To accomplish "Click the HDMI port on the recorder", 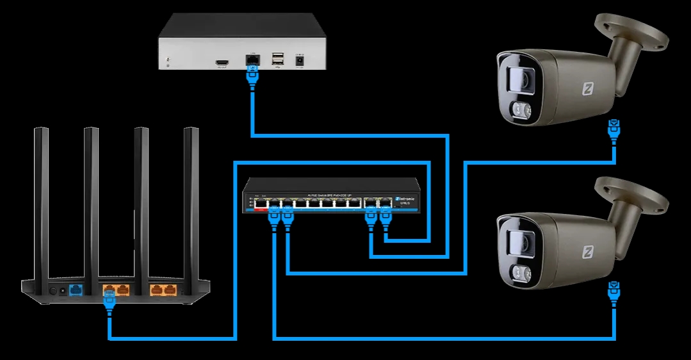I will (x=223, y=61).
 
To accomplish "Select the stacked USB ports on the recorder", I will (x=277, y=60).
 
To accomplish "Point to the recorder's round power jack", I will (x=298, y=60).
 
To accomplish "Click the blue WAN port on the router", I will (x=76, y=290).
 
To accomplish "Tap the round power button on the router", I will (x=53, y=291).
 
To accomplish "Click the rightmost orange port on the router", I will (x=170, y=290).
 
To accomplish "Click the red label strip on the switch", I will (x=261, y=209).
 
